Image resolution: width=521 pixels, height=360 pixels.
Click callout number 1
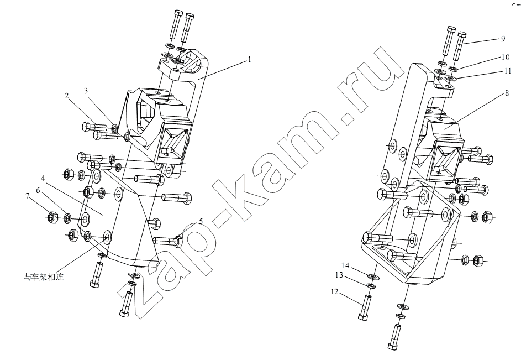[250, 60]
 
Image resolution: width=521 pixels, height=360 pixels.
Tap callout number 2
[67, 96]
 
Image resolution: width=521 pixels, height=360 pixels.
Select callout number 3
[86, 91]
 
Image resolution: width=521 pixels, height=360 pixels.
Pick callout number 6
[38, 191]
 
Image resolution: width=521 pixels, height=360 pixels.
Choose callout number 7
[27, 195]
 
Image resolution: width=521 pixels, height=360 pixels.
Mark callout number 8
[507, 93]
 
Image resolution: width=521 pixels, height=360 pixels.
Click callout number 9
[503, 39]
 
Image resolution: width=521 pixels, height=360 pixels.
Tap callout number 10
[506, 57]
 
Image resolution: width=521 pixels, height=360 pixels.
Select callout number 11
[507, 71]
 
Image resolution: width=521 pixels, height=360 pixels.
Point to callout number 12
[334, 292]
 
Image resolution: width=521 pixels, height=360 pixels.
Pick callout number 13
[339, 275]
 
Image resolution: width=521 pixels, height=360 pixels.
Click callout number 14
[345, 265]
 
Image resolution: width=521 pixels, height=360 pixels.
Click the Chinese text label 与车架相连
[44, 277]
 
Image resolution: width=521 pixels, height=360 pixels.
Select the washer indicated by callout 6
[67, 217]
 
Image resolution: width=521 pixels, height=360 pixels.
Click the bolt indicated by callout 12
[366, 307]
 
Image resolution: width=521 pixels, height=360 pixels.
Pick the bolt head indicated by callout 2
[86, 127]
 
